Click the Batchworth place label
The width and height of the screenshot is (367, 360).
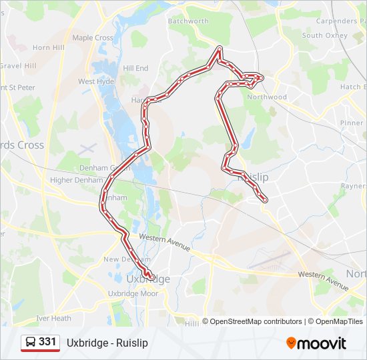point(188,21)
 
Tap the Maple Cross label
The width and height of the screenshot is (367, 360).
point(93,38)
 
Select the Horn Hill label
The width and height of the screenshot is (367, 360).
point(49,48)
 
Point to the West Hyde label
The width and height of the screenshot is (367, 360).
point(96,81)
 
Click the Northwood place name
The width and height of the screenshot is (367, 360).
point(267,97)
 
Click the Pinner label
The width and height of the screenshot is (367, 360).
point(351,123)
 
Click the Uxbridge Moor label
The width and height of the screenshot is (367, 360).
point(133,293)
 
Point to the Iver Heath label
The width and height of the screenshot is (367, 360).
point(53,319)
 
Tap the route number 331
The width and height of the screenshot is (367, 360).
point(47,342)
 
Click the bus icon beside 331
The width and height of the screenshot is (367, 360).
point(31,343)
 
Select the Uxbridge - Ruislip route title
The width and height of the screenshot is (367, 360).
point(107,343)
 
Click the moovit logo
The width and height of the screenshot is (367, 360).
point(316,343)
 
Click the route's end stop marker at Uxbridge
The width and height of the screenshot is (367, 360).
point(151,277)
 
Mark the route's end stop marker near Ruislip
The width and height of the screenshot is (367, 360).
point(265,199)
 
